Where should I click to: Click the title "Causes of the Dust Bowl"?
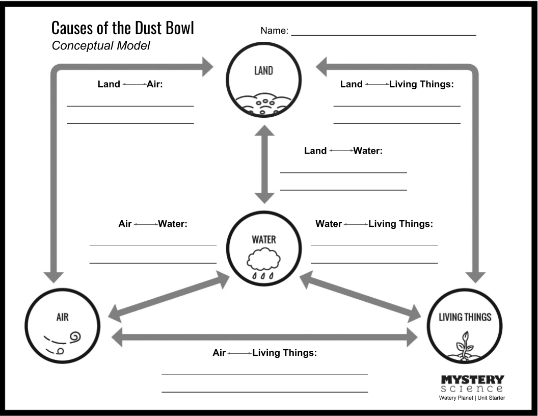coord(122,28)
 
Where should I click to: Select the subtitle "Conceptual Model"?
coord(101,46)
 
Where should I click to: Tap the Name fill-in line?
coord(384,35)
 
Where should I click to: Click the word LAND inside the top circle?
coord(263,71)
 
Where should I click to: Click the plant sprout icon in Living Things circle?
coord(464,346)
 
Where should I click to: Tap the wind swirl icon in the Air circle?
coord(63,342)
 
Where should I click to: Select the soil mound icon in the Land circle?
coord(263,104)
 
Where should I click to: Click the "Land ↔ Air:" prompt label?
coord(130,84)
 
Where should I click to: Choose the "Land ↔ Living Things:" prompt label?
coord(397,84)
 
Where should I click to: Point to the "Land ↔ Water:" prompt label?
coord(343,151)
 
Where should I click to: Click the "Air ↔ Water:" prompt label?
coord(153,224)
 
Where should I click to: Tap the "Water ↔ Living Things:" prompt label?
coord(374,224)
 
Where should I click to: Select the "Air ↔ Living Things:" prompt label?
coord(264,353)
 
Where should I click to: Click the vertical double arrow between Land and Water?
coord(264,164)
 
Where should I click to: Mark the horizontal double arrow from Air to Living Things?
coord(264,337)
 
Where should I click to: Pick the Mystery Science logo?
coord(472,384)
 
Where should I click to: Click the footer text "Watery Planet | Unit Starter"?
coord(472,398)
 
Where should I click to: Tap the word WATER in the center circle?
coord(264,240)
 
